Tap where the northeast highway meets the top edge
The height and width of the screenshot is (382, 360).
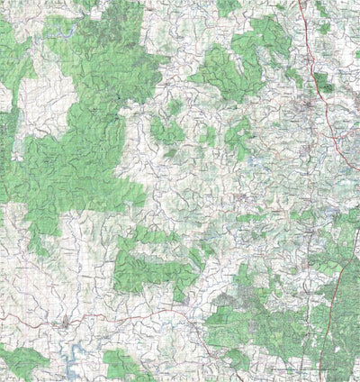[x=301, y=3]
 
